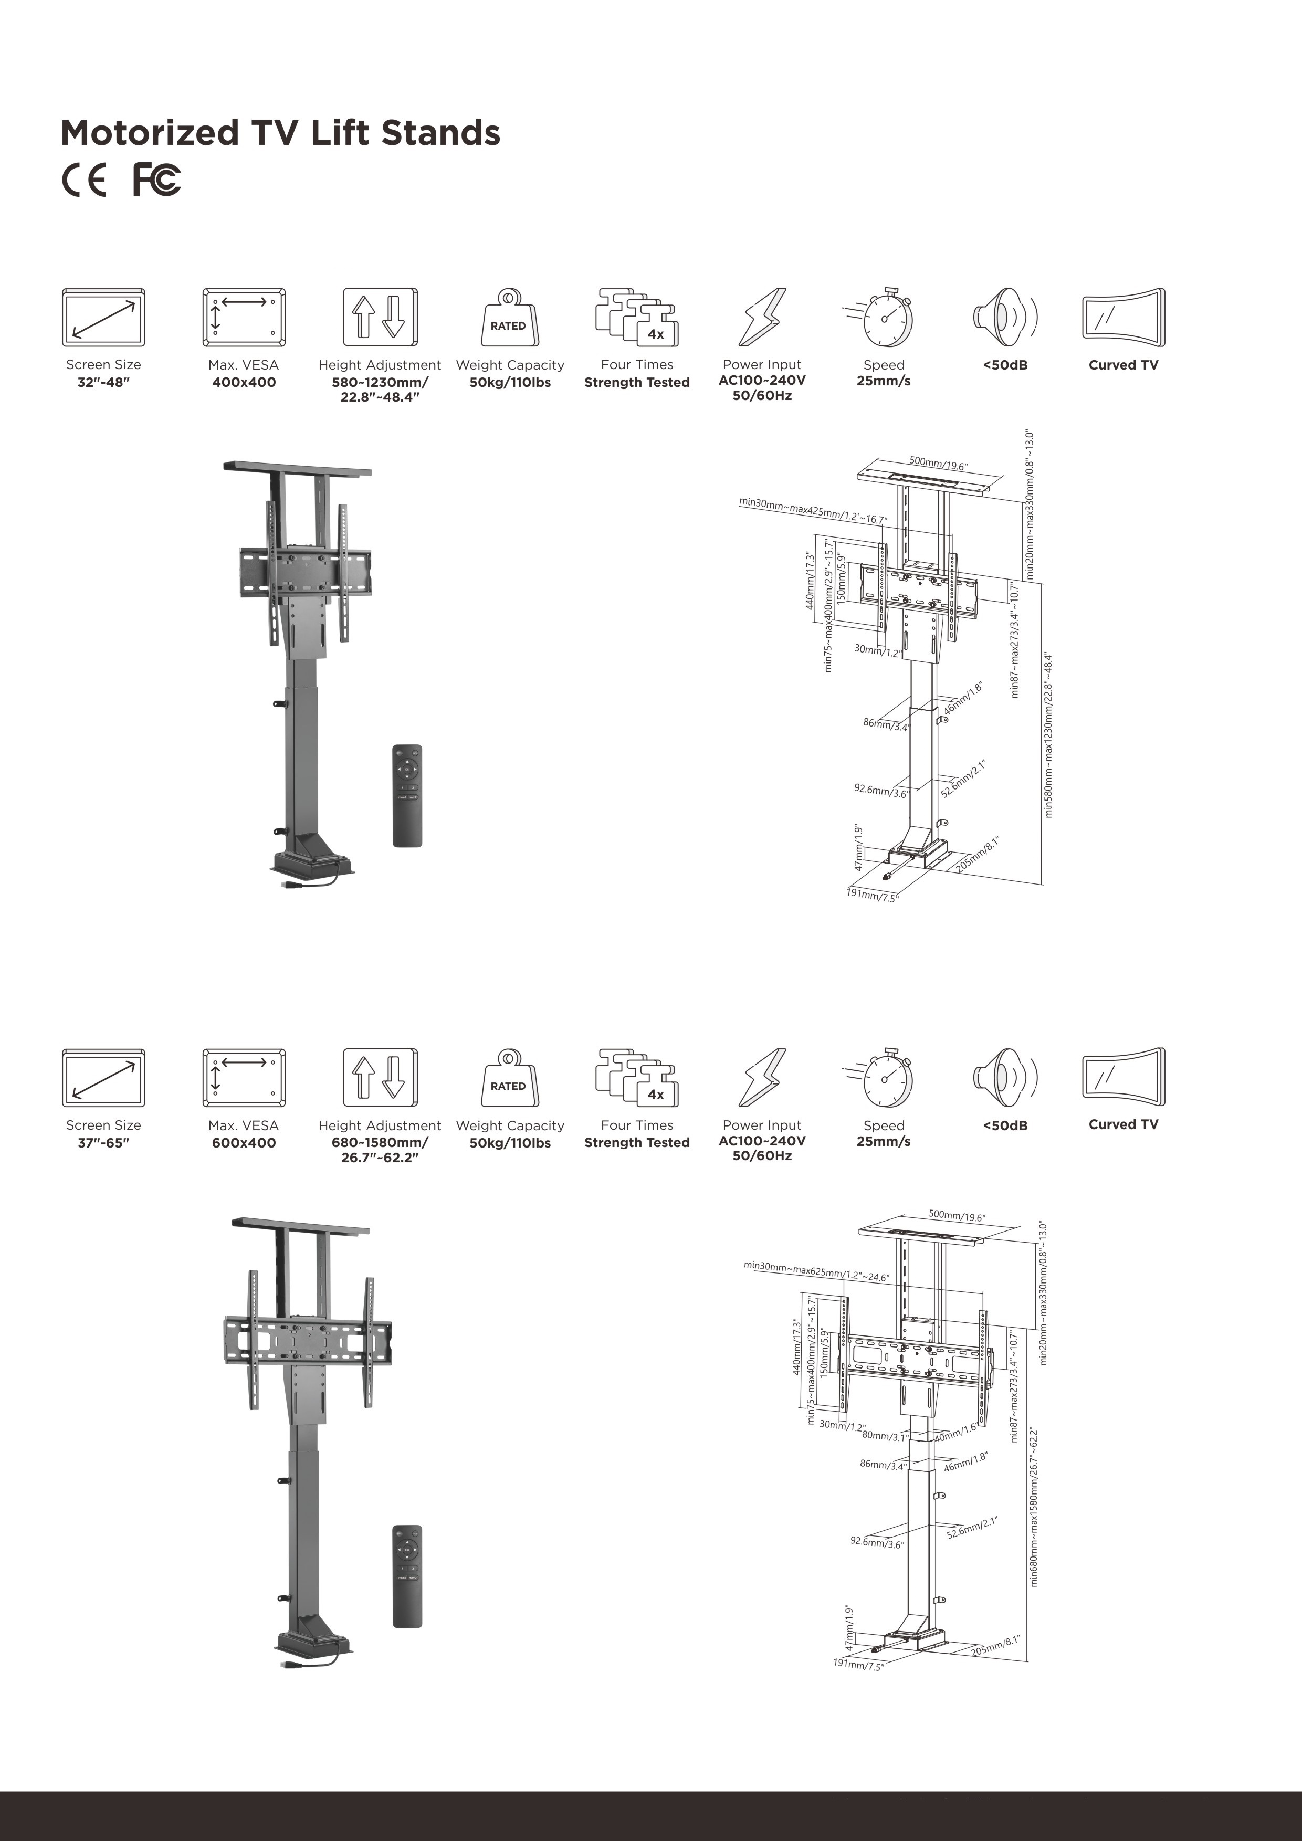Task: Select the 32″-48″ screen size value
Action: click(x=103, y=383)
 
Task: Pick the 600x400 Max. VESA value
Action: click(x=244, y=1143)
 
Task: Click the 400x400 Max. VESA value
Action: click(x=244, y=383)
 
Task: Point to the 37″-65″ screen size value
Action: click(x=103, y=1143)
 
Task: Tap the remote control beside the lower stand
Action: click(x=407, y=1576)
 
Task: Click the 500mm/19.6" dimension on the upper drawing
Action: click(x=938, y=464)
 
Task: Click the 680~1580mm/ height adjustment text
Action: click(x=380, y=1143)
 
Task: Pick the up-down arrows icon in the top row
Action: click(x=380, y=318)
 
